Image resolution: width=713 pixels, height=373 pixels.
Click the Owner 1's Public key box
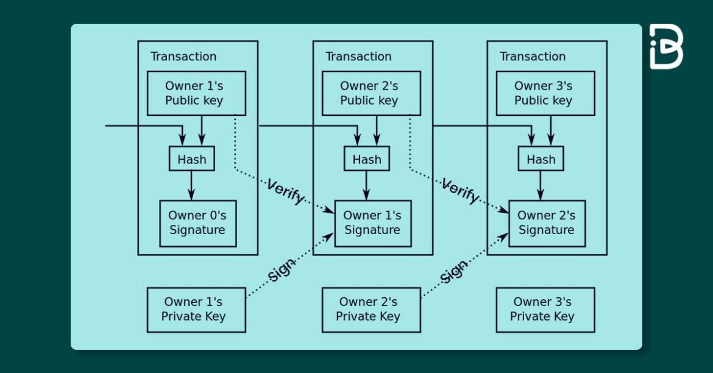click(x=196, y=93)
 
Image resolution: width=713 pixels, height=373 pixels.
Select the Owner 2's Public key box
click(x=371, y=93)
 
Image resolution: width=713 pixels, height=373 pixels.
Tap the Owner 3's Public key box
click(x=545, y=93)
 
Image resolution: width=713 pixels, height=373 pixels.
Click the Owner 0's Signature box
click(x=197, y=223)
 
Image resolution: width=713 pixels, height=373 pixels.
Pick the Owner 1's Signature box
click(x=372, y=223)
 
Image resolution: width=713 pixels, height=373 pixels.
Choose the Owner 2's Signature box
click(x=547, y=223)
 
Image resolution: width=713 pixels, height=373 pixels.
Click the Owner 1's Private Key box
click(x=196, y=310)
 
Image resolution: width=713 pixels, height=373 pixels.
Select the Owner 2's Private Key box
click(x=371, y=310)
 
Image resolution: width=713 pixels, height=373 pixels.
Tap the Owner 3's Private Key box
click(x=545, y=310)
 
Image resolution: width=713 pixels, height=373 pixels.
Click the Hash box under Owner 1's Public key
click(x=192, y=159)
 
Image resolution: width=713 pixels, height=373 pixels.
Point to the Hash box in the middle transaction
click(x=366, y=159)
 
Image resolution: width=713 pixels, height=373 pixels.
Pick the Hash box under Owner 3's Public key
click(x=541, y=159)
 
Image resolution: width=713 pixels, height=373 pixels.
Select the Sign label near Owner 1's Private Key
click(x=282, y=269)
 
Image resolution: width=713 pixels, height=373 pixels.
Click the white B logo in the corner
click(x=665, y=46)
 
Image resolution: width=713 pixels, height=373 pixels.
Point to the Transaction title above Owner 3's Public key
click(x=533, y=57)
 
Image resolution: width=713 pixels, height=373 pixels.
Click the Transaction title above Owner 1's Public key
click(x=183, y=57)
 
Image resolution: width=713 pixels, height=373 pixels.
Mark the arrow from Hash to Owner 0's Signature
click(x=191, y=185)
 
